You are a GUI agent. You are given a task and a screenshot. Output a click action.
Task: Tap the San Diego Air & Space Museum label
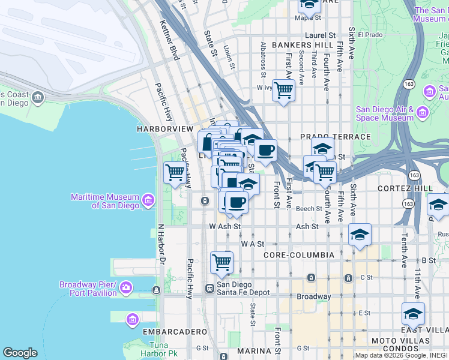point(385,113)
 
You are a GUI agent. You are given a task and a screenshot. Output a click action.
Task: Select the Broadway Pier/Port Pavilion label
point(88,289)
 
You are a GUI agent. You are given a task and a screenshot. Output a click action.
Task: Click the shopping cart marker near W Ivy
point(283,91)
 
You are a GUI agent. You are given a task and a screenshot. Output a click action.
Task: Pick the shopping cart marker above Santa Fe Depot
point(221,262)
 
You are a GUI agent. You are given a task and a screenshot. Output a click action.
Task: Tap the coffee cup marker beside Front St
point(265,150)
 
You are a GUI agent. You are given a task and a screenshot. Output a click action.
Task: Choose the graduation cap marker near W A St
point(360,235)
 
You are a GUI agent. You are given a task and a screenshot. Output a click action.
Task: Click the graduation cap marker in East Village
point(413,314)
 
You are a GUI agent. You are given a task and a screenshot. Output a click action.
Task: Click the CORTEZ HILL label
point(405,188)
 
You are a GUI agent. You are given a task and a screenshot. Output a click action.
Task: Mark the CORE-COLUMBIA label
point(299,255)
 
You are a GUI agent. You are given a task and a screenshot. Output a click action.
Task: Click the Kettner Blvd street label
point(169,40)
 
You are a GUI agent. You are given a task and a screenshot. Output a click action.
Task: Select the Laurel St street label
point(319,35)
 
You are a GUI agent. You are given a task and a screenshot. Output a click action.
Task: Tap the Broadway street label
point(314,296)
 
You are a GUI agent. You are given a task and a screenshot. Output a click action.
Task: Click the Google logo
point(20,353)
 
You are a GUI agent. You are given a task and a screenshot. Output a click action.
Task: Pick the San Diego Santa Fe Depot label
point(243,289)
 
